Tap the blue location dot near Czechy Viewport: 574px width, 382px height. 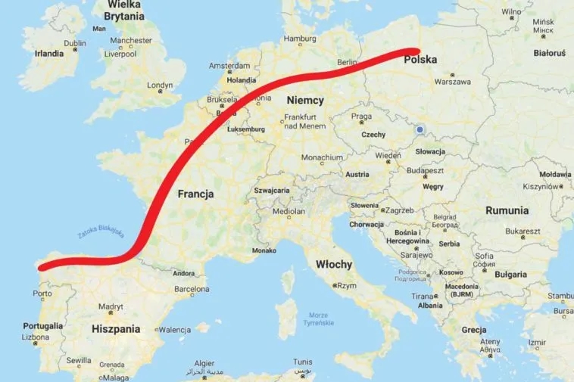point(420,129)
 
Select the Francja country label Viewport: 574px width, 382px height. point(195,194)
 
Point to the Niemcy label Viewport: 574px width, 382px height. point(305,100)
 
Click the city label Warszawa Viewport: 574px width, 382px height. point(453,82)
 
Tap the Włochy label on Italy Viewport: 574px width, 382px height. point(333,264)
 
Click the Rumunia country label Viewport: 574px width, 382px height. point(507,210)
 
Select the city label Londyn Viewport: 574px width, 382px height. point(159,85)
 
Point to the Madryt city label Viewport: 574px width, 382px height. point(110,306)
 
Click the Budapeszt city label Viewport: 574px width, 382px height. point(421,172)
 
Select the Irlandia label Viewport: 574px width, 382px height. point(49,54)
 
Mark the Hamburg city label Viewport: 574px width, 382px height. point(299,39)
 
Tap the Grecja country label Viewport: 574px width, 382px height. point(474,330)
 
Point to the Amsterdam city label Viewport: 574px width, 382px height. point(229,66)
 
